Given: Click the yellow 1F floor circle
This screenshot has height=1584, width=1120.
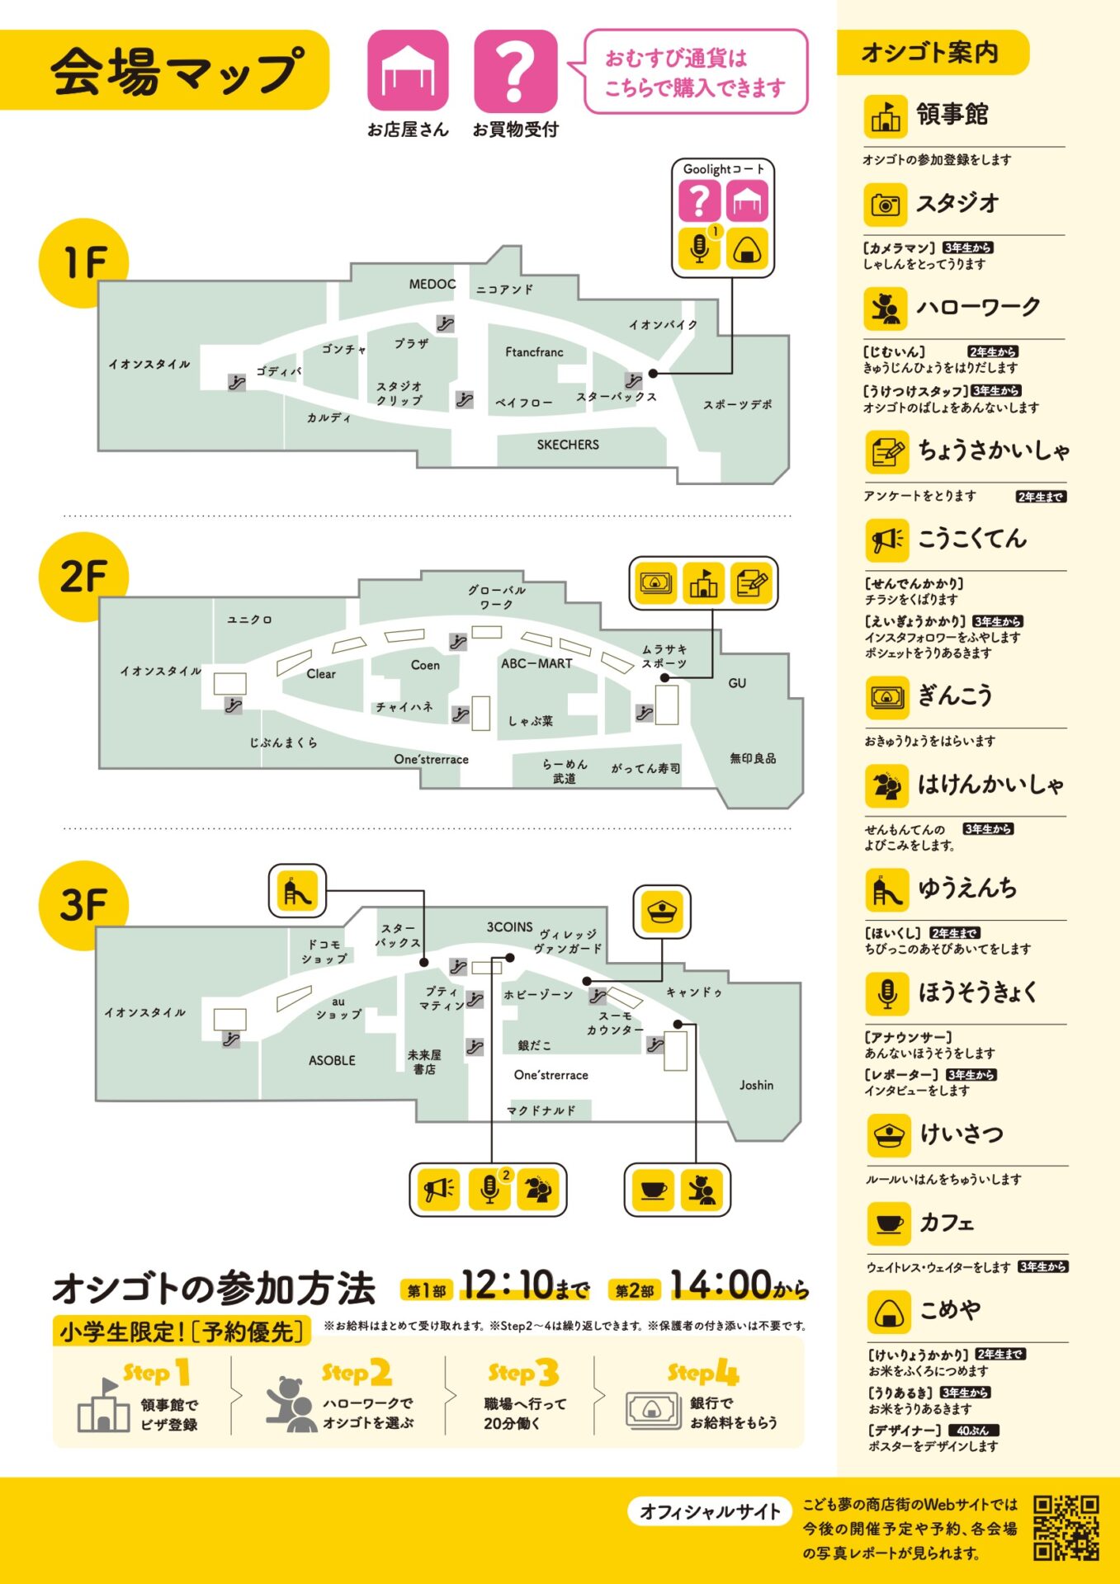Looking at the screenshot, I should point(83,262).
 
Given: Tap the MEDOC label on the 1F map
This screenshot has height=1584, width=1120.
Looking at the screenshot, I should point(432,285).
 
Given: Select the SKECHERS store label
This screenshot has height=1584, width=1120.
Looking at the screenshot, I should point(568,445).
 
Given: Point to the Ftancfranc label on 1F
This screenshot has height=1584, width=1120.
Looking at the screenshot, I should point(534,352).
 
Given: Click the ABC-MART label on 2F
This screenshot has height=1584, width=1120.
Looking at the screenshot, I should point(536,663).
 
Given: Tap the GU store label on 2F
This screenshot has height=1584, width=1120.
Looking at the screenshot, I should point(737,683).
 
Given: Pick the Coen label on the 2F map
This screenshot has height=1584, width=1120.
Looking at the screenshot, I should point(425,665).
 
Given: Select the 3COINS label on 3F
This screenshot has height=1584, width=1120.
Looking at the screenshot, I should point(509,927).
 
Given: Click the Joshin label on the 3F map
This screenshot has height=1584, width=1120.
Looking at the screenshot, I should point(756,1086).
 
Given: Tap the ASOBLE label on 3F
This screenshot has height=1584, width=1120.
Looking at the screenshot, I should point(332,1061).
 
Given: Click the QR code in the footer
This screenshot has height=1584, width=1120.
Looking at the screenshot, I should point(1066,1528).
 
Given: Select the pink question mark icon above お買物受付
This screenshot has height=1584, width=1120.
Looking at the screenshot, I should point(515,72).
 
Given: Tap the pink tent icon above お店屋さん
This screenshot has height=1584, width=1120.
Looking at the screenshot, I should point(408,72).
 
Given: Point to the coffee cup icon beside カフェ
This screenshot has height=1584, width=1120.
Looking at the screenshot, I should point(889,1223).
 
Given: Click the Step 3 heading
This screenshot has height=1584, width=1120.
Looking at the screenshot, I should point(523,1373).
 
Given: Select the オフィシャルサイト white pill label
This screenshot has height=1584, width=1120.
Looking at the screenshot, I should point(710,1511).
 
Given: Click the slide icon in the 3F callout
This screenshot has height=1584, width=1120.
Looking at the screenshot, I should point(297,891).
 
